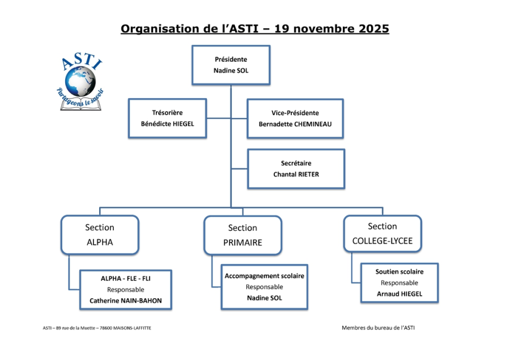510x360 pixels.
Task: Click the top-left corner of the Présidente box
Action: point(192,46)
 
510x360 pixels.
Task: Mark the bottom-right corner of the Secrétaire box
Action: point(345,188)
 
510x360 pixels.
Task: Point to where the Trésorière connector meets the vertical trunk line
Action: point(231,118)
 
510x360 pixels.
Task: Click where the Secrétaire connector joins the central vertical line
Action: point(231,168)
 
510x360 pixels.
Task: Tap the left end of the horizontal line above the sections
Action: point(100,207)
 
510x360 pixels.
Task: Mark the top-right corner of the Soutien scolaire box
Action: point(438,264)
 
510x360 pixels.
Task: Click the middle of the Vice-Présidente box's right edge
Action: point(343,118)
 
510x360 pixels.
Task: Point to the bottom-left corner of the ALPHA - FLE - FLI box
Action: point(80,309)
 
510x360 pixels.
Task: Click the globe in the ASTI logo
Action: point(80,81)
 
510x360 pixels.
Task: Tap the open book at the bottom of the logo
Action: point(80,105)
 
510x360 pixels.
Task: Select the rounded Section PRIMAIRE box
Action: point(243,235)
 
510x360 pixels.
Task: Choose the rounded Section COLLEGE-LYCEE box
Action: point(382,234)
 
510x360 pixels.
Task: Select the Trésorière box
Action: point(168,118)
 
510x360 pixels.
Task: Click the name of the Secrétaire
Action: point(296,175)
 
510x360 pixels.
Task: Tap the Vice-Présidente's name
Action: point(295,124)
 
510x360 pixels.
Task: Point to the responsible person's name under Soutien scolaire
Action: point(399,294)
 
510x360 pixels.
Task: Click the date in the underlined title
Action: point(331,29)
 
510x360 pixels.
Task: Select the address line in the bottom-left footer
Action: point(97,328)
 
